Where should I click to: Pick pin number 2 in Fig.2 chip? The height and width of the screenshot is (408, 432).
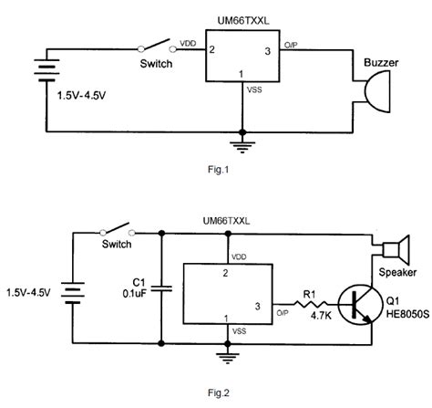click(224, 273)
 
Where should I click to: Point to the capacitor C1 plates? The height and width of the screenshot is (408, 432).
click(160, 289)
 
